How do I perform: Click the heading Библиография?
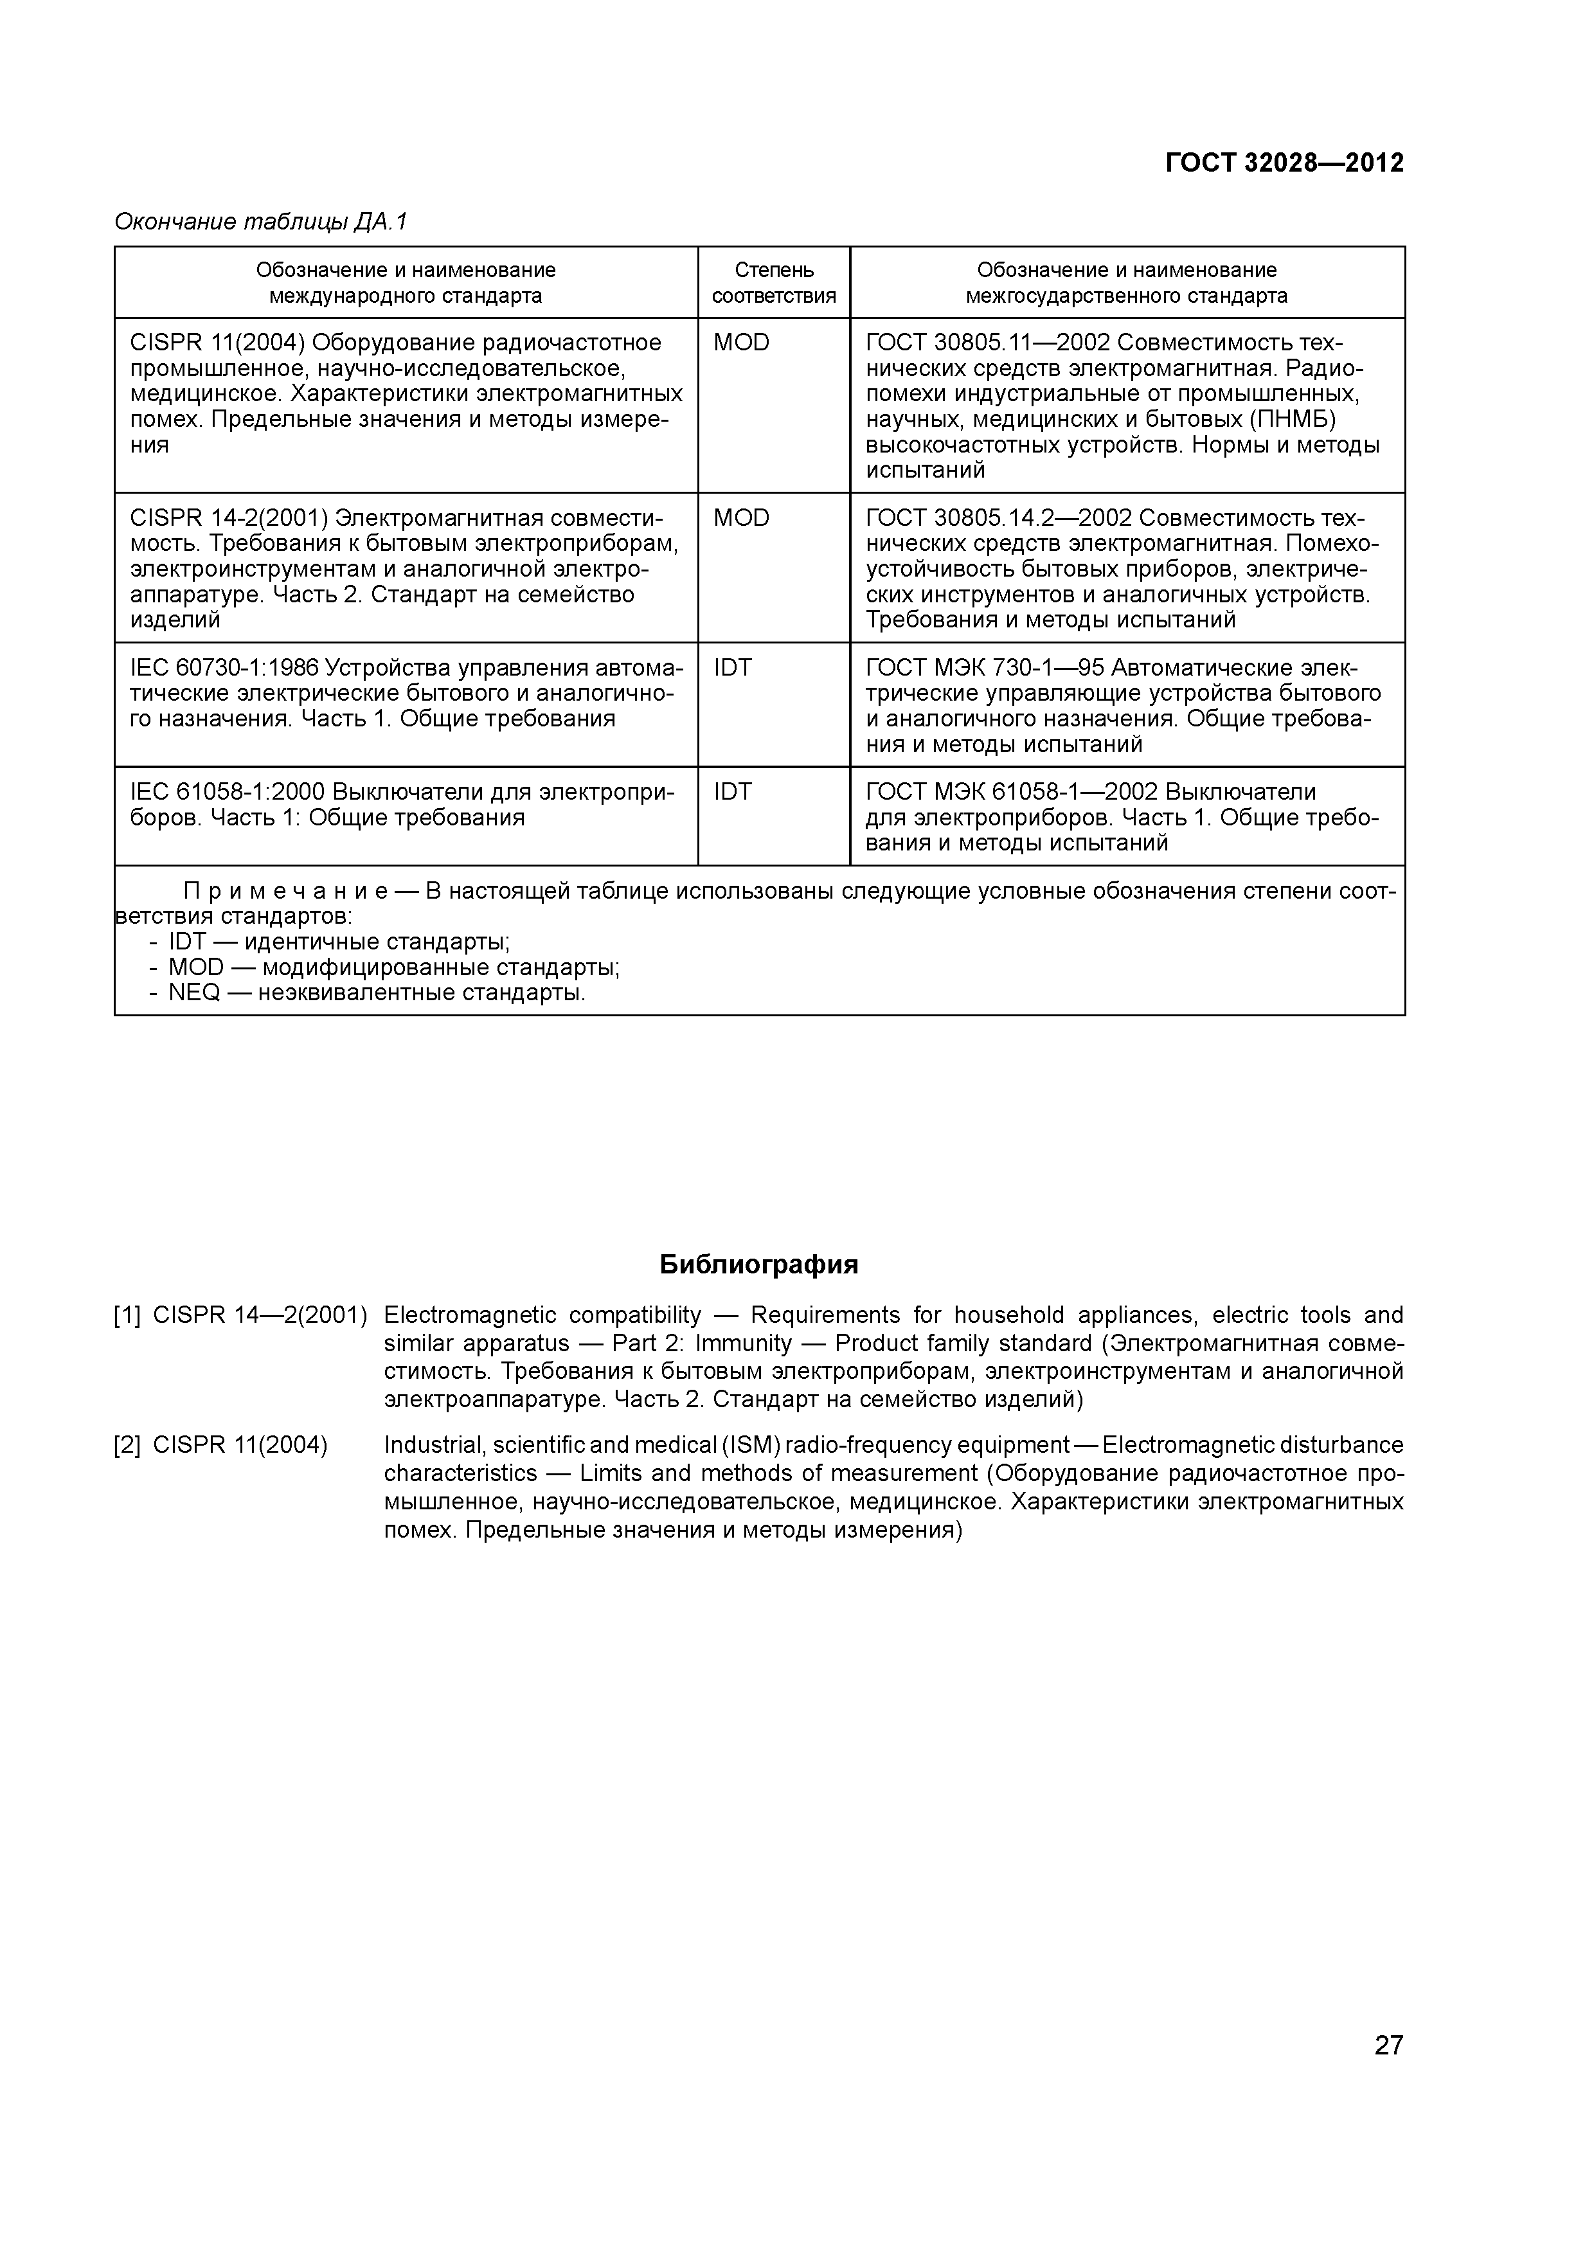tap(758, 1264)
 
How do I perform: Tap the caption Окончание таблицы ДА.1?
tap(260, 222)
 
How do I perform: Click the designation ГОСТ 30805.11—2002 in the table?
tap(987, 343)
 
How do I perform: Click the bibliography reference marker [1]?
tap(128, 1315)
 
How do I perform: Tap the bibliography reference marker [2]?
tap(128, 1446)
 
